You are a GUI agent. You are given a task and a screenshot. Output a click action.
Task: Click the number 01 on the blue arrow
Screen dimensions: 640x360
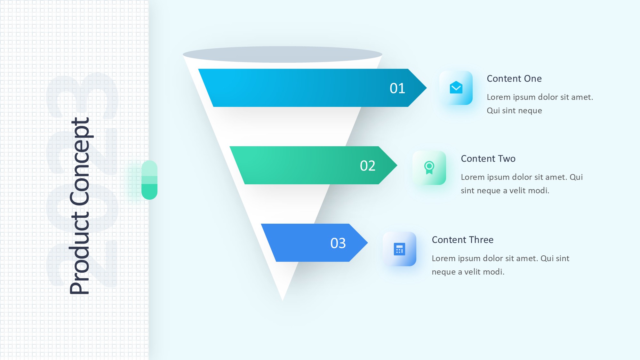(397, 88)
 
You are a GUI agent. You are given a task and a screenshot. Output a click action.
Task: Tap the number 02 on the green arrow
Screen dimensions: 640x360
(368, 166)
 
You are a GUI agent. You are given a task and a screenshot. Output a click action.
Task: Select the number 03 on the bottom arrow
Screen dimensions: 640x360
(338, 243)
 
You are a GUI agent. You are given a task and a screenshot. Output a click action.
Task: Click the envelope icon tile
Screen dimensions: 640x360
(456, 88)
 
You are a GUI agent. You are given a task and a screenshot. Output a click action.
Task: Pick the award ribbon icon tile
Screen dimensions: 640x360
(429, 168)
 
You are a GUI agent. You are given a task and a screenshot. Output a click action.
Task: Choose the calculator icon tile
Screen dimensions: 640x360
(399, 249)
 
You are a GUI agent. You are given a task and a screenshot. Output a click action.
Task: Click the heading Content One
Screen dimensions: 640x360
(514, 79)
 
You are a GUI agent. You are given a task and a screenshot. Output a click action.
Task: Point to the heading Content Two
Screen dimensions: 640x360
(488, 159)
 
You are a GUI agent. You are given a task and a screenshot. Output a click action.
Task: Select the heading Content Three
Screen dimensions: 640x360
(463, 240)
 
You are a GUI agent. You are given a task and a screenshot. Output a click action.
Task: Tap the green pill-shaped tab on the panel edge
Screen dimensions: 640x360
(149, 180)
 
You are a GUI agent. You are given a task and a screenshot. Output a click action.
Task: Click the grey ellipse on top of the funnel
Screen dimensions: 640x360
(283, 54)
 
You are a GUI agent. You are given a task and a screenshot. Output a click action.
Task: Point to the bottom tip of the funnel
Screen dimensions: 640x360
(283, 301)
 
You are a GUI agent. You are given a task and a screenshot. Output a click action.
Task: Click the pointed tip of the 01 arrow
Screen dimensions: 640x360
(427, 88)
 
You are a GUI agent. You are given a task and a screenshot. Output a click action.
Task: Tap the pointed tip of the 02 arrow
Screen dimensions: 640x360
(397, 165)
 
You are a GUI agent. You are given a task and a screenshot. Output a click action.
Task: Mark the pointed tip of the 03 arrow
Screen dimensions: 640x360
(368, 243)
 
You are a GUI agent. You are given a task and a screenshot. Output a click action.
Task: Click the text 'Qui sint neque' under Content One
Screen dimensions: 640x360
(514, 111)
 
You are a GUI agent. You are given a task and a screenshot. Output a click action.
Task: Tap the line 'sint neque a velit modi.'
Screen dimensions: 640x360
(505, 191)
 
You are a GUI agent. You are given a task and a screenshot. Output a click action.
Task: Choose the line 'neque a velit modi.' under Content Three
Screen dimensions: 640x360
(468, 272)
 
